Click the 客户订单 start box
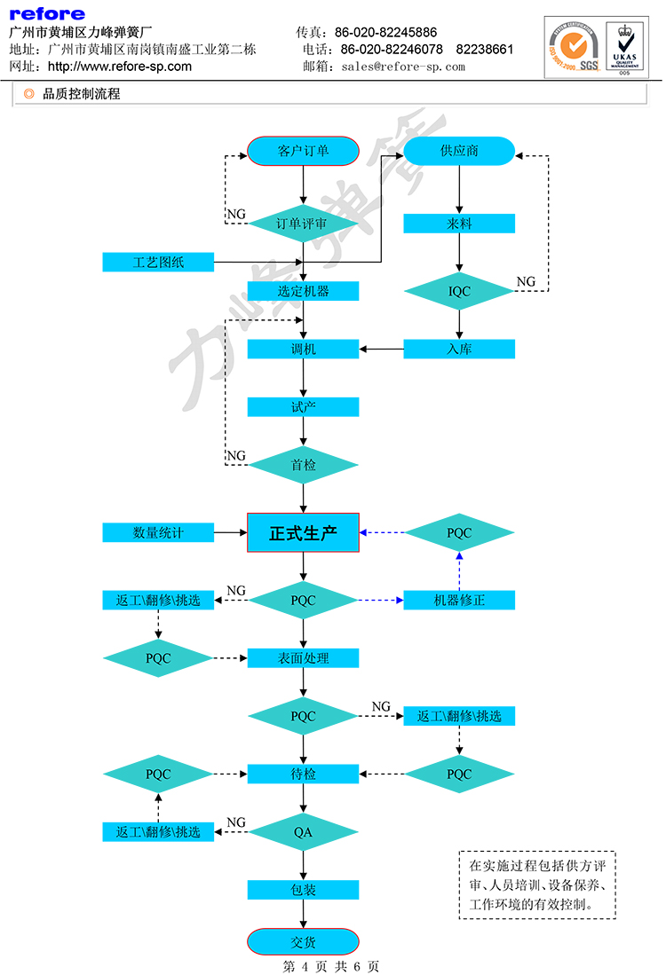[x=303, y=151]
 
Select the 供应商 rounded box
[x=459, y=151]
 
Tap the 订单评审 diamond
[x=303, y=223]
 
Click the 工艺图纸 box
[x=158, y=262]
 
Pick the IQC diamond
[x=459, y=290]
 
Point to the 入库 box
[x=459, y=349]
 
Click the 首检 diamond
[x=303, y=464]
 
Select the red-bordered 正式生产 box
[x=303, y=532]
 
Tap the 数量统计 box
[x=158, y=532]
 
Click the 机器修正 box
[x=459, y=600]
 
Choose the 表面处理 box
[x=303, y=658]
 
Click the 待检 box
[x=303, y=774]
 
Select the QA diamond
[x=303, y=832]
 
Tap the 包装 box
[x=303, y=890]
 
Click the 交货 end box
[x=303, y=942]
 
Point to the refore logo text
[x=47, y=13]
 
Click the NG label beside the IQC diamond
[x=527, y=282]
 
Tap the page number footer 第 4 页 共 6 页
[x=331, y=966]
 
